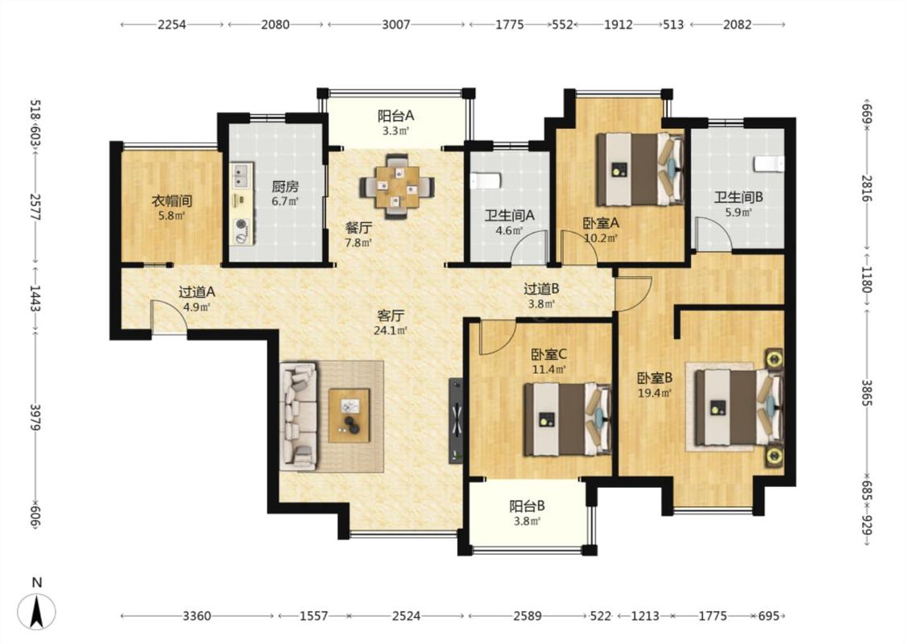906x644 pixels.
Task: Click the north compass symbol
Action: pos(36,610)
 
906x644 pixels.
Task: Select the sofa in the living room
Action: pos(299,416)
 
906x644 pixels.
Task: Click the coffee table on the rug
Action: pos(349,416)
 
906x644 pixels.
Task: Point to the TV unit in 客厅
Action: pos(456,420)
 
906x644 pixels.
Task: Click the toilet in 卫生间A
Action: pos(484,181)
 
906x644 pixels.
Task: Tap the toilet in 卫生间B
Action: pos(769,163)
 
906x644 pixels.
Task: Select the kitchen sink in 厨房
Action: pos(242,175)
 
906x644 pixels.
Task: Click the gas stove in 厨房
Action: pos(242,231)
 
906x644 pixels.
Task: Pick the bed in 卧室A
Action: pos(640,169)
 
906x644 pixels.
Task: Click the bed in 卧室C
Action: pos(568,419)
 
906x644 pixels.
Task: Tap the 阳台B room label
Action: pos(527,506)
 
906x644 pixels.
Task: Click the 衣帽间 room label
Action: pos(172,201)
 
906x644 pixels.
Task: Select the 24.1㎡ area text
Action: pos(391,331)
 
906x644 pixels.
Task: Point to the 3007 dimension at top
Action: pos(396,24)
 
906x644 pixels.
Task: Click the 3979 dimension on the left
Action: pos(35,417)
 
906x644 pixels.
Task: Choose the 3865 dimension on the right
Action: pos(867,393)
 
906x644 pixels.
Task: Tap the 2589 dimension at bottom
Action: pos(527,617)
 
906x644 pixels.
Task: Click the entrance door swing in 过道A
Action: pos(168,316)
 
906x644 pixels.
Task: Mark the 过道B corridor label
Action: pos(541,289)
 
